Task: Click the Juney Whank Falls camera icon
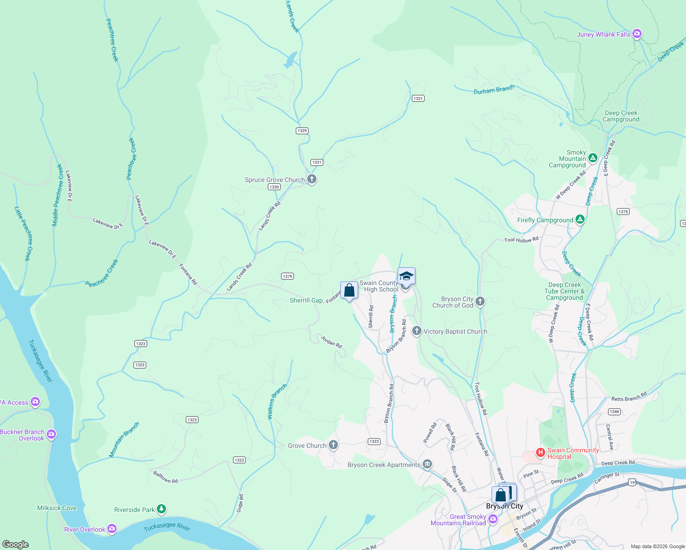click(x=636, y=34)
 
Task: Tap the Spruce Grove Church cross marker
click(x=312, y=179)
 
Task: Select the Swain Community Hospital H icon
click(x=541, y=453)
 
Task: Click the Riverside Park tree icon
click(x=161, y=509)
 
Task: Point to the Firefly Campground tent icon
click(x=580, y=220)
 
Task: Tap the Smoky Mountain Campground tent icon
click(x=592, y=159)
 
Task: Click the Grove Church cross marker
click(x=333, y=445)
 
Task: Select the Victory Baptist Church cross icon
click(x=416, y=331)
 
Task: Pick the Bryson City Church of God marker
click(x=480, y=301)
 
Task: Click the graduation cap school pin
click(x=406, y=276)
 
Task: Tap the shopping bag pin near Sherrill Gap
click(x=349, y=291)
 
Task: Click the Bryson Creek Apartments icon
click(x=427, y=465)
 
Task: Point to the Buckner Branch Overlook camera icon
click(x=51, y=434)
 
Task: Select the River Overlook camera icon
click(x=111, y=529)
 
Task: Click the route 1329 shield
click(x=302, y=131)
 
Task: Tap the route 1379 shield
click(x=288, y=276)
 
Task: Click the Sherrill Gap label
click(x=306, y=300)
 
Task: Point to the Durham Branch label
click(x=494, y=89)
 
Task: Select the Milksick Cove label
click(x=57, y=508)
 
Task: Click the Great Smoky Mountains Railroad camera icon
click(x=493, y=519)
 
